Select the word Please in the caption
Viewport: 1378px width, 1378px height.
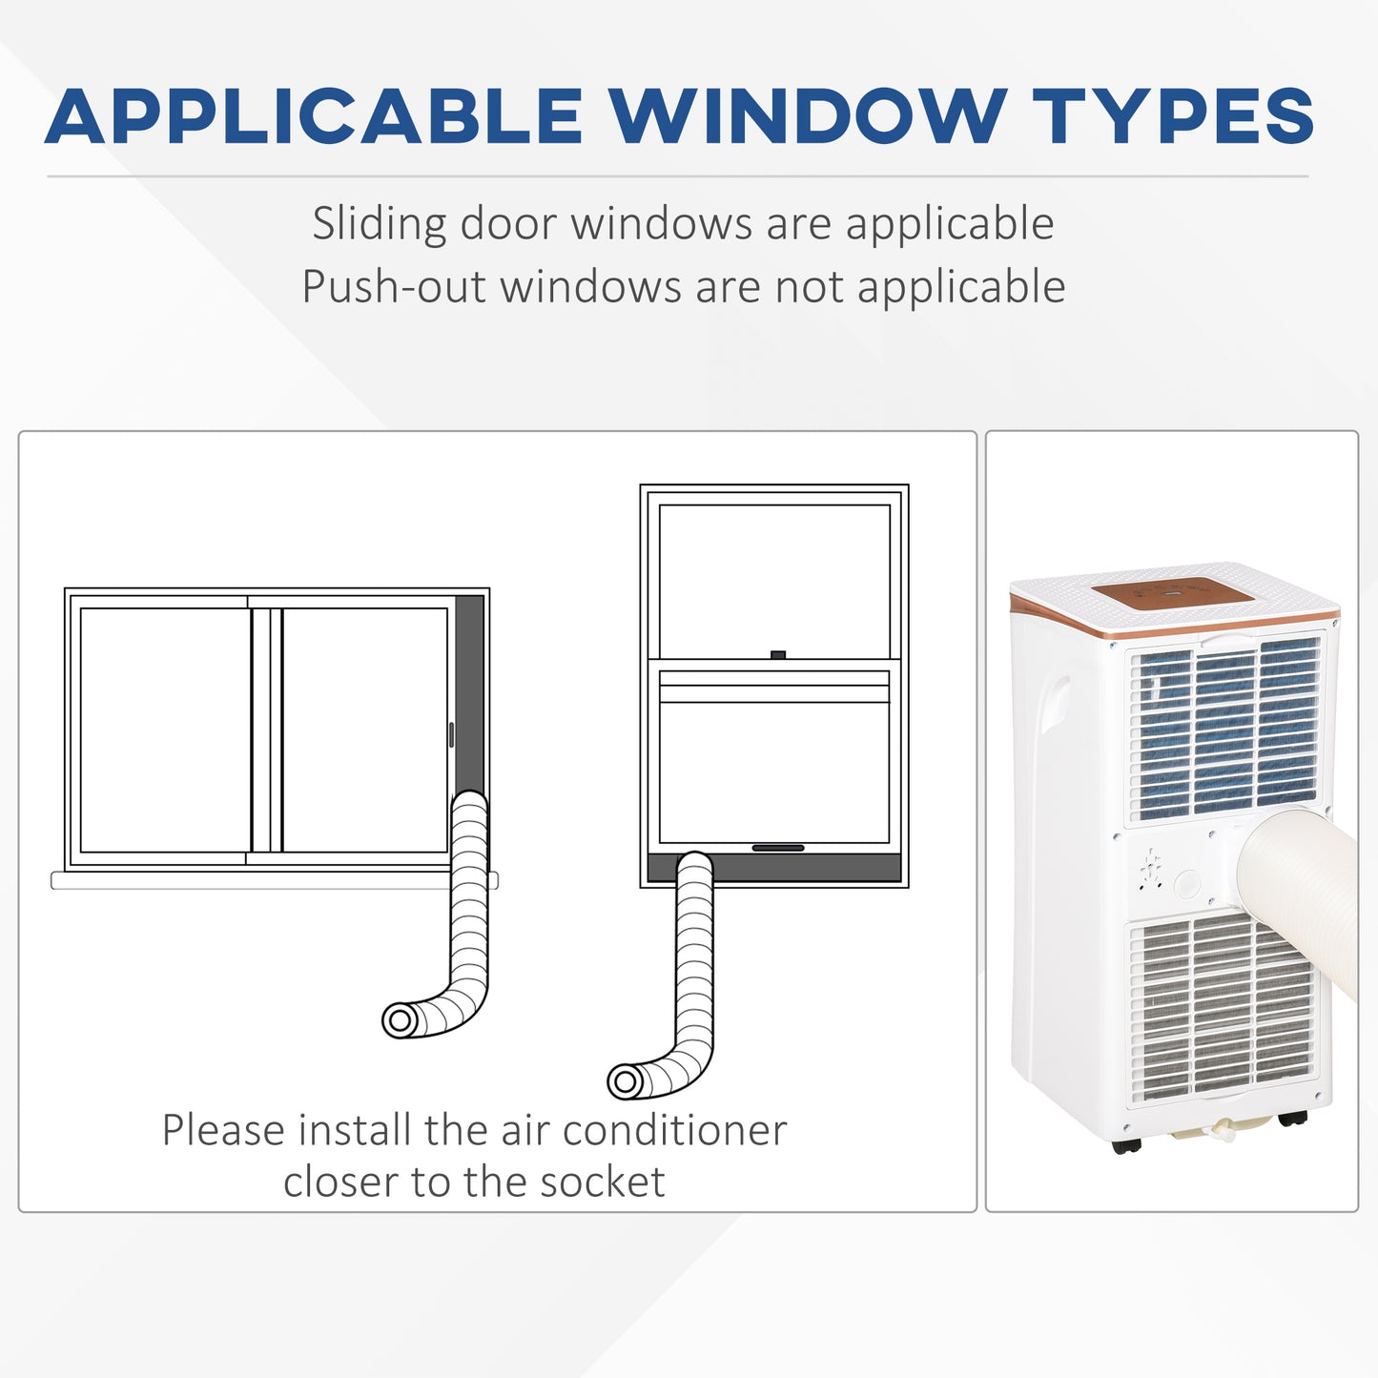click(223, 1131)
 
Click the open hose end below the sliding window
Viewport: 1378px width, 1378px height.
click(401, 1020)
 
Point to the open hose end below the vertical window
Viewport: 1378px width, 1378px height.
click(626, 1081)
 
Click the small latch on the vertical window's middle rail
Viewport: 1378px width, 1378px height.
click(778, 655)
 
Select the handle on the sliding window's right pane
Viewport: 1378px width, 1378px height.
click(451, 734)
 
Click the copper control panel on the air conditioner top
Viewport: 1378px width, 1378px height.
click(1173, 595)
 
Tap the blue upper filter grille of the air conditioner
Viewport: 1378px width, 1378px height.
click(1225, 730)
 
